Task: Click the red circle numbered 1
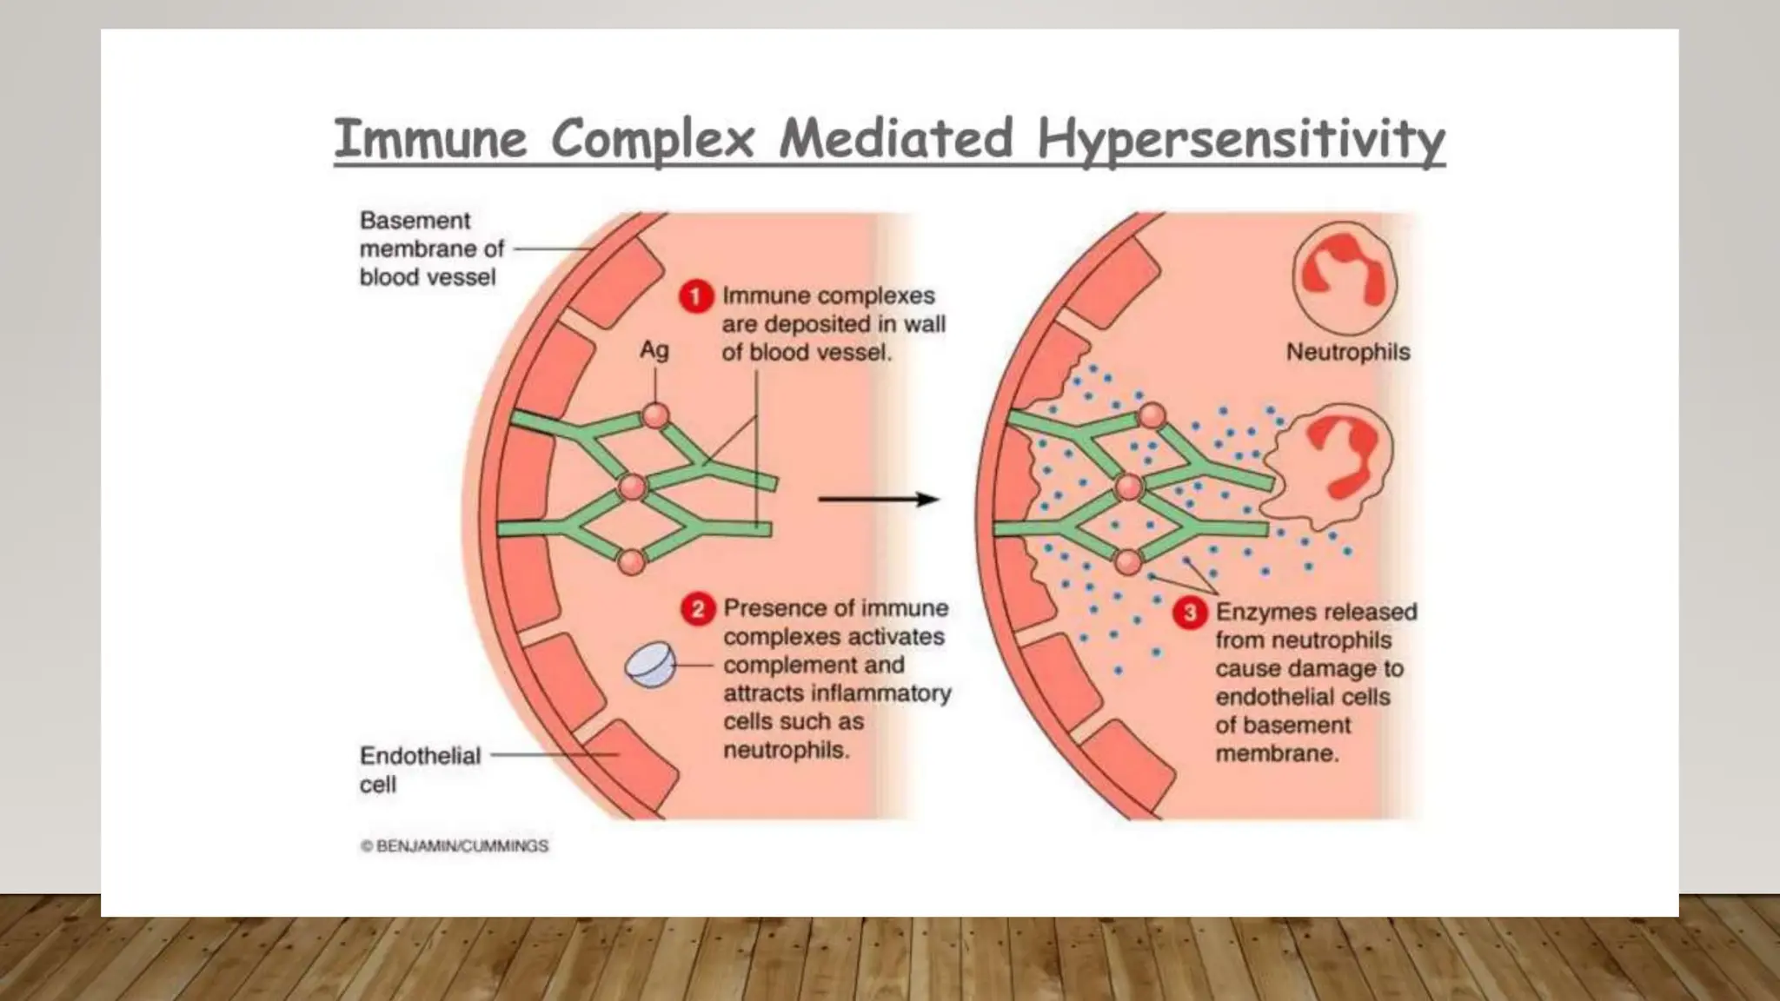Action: tap(695, 297)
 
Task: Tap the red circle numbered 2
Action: tap(697, 609)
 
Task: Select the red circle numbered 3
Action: tap(1190, 613)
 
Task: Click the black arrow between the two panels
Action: tap(878, 500)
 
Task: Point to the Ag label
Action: tap(654, 350)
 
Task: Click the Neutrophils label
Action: tap(1347, 353)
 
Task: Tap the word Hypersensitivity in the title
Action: tap(1240, 140)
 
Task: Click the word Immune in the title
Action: tap(430, 140)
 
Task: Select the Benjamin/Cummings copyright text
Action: tap(455, 846)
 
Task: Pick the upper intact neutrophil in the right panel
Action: tap(1344, 277)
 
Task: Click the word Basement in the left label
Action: tap(415, 221)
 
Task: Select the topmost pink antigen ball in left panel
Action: tap(655, 416)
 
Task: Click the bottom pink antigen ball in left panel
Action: tap(632, 562)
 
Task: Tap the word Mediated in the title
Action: tap(895, 140)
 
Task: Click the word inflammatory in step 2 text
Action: tap(880, 694)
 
